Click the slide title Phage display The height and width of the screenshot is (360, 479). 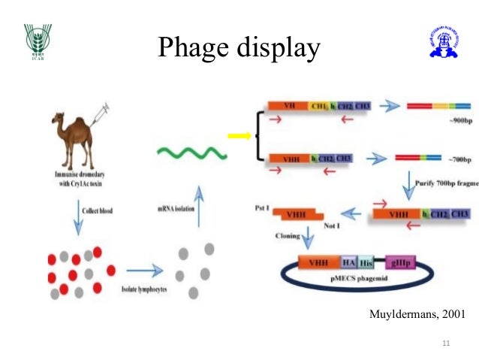coord(239,49)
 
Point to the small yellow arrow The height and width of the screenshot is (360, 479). coord(238,136)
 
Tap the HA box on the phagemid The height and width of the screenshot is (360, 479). coord(348,263)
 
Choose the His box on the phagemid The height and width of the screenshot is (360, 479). coord(366,263)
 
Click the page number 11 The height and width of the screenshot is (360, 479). coord(447,343)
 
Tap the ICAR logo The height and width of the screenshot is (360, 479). coord(35,44)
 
